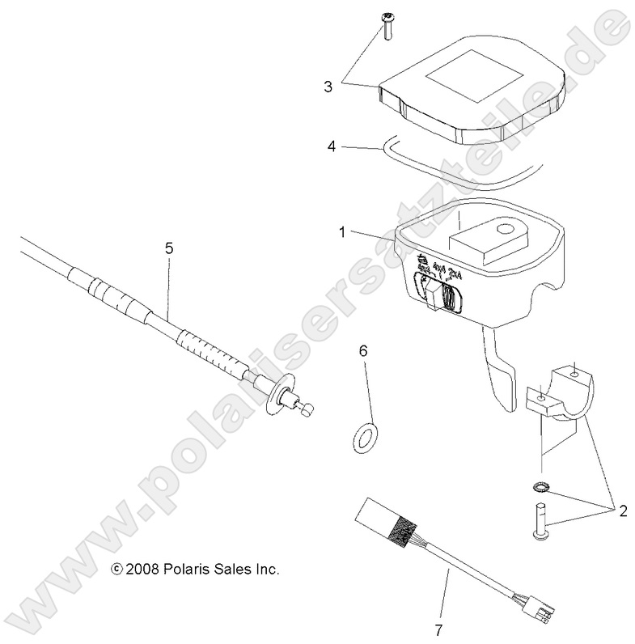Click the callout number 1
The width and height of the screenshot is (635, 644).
click(x=342, y=231)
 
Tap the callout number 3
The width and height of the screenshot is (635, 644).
click(x=328, y=87)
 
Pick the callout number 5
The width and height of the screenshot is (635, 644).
click(x=168, y=249)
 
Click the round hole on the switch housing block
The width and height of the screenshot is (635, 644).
click(x=507, y=231)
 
